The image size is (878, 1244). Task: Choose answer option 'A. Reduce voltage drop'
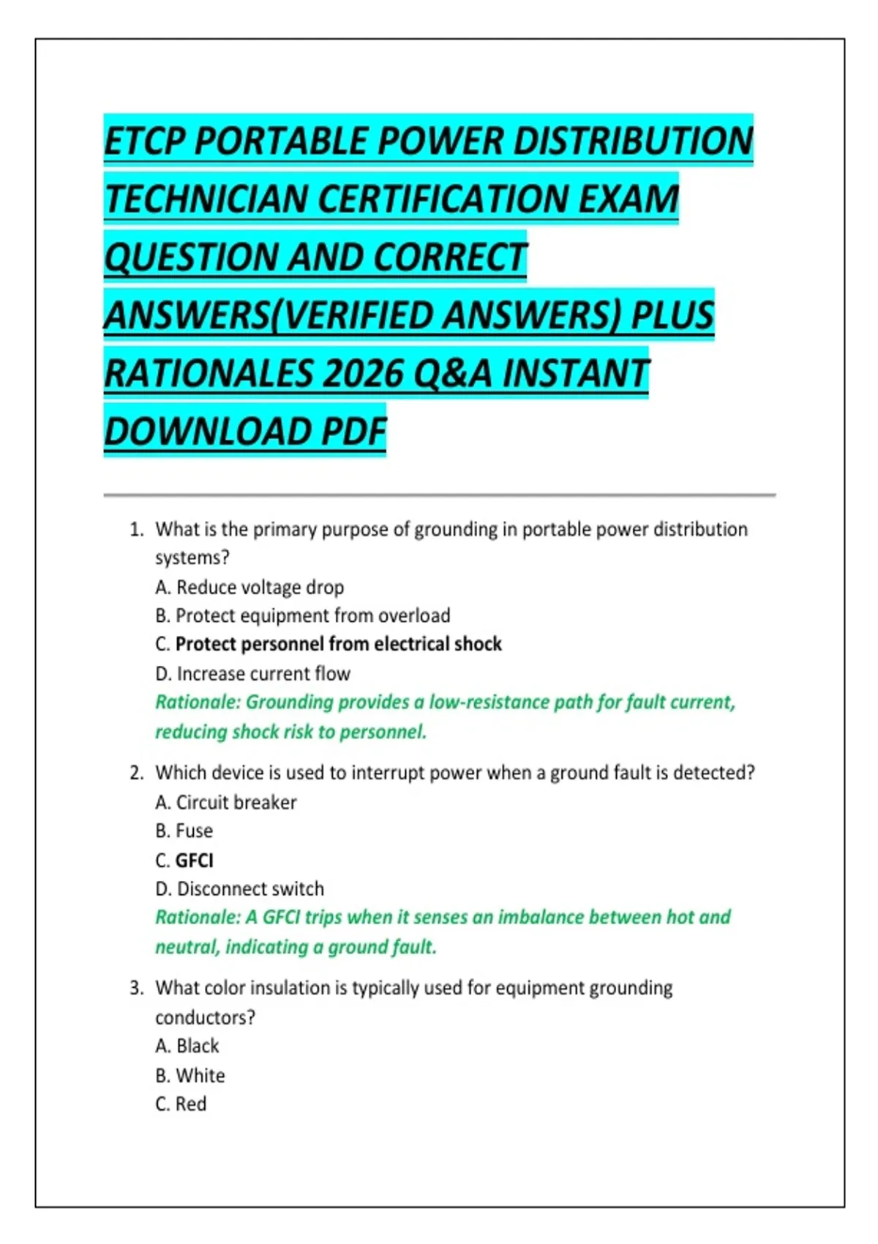(x=249, y=588)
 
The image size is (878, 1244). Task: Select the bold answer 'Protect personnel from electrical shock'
(x=338, y=645)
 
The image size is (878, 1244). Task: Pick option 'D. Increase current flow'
(x=252, y=674)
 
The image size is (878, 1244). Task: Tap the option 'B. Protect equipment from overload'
(x=302, y=616)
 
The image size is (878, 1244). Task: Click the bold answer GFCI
(x=194, y=861)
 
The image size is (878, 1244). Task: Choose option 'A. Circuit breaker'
(x=226, y=803)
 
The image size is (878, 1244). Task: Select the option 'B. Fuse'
(x=184, y=831)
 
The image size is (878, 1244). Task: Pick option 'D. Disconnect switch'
(x=239, y=889)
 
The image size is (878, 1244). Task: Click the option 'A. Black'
(x=187, y=1046)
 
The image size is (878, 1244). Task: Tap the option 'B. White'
(x=190, y=1076)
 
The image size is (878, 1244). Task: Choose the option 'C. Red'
(x=181, y=1104)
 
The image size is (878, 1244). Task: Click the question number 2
(x=136, y=773)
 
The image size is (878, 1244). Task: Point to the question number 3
(x=136, y=989)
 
